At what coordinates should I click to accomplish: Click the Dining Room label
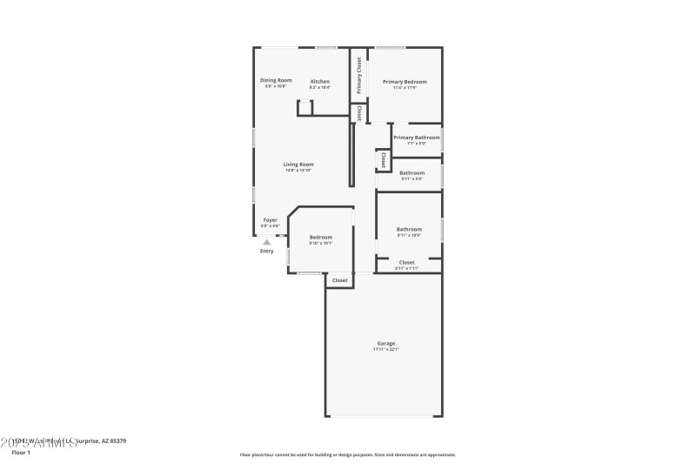point(276,81)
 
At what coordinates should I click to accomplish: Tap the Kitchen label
point(320,81)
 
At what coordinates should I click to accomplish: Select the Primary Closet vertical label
point(358,76)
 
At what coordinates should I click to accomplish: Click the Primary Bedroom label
point(405,81)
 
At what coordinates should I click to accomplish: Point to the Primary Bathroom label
point(416,137)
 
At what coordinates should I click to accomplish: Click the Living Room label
point(298,164)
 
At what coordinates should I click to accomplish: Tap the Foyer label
point(271,220)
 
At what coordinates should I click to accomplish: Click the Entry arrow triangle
point(266,242)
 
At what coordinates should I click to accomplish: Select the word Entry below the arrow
point(266,252)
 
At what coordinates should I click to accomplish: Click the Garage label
point(385,343)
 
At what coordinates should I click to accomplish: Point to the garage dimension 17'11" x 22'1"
point(385,349)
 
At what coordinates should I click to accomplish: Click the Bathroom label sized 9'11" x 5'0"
point(412,172)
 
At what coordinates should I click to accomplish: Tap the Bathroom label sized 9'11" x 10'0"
point(409,229)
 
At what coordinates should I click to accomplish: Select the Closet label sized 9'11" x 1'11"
point(407,262)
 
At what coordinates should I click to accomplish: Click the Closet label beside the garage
point(339,280)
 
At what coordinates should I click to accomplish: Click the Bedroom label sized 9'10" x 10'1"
point(321,237)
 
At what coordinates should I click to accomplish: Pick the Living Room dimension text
point(298,170)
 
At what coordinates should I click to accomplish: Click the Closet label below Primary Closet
point(358,114)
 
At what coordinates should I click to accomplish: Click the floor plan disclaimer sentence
point(347,454)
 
